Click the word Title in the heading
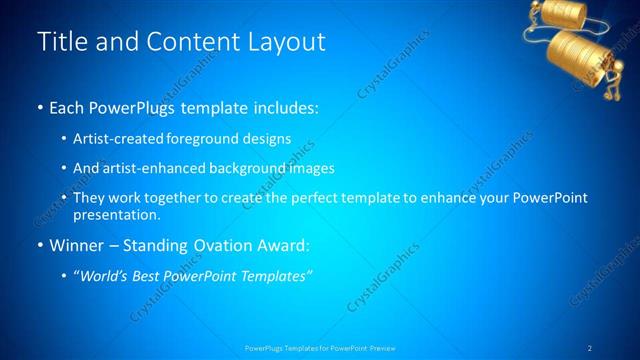pyautogui.click(x=58, y=42)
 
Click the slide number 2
pyautogui.click(x=590, y=347)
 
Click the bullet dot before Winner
pyautogui.click(x=39, y=245)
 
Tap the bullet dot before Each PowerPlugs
pyautogui.click(x=39, y=108)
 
